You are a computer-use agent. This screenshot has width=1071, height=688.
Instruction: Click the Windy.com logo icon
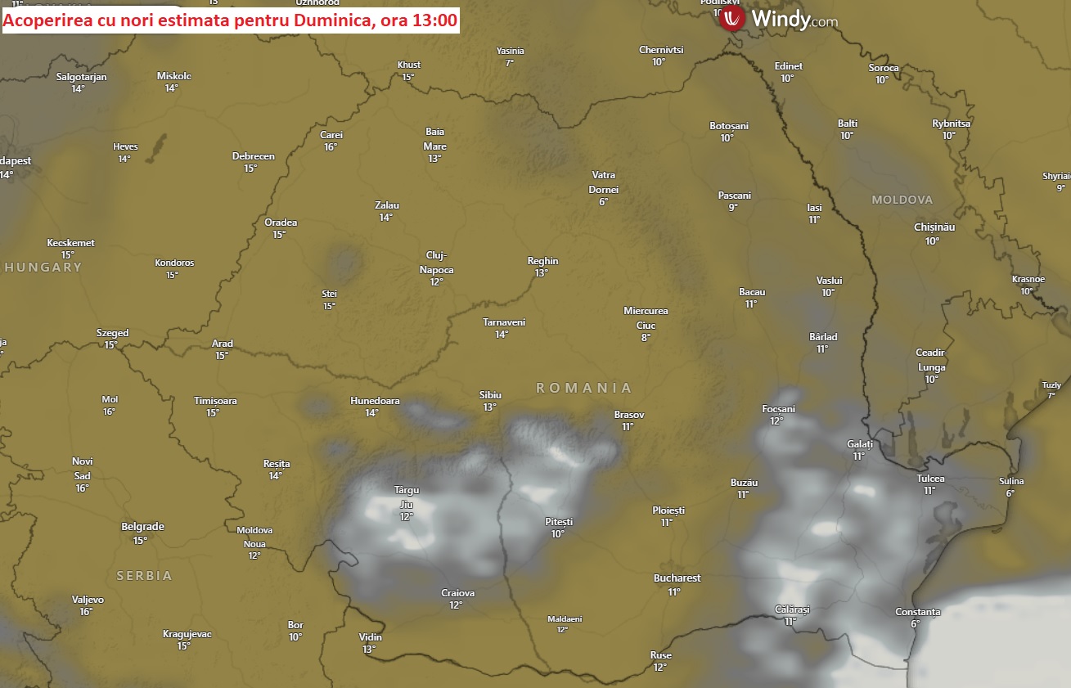(x=732, y=20)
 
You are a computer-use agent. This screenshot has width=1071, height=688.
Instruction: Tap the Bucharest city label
(x=677, y=578)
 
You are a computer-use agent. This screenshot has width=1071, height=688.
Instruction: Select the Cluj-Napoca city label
(x=436, y=263)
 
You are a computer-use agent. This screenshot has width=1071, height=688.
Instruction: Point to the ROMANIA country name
(x=584, y=388)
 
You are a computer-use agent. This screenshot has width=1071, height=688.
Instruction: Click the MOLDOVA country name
(x=902, y=200)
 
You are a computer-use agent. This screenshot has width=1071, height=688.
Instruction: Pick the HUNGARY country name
(x=43, y=268)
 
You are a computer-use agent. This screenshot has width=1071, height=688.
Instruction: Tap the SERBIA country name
(x=144, y=576)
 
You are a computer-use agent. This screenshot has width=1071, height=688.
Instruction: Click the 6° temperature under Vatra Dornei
(x=603, y=202)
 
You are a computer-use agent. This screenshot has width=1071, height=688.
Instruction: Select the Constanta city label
(x=917, y=612)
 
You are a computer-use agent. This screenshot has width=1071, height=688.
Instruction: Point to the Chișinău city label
(x=934, y=227)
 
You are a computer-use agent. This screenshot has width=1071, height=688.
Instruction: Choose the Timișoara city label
(x=215, y=401)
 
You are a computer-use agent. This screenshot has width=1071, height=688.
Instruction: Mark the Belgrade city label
(x=142, y=527)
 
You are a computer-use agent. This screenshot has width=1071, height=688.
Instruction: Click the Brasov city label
(x=629, y=415)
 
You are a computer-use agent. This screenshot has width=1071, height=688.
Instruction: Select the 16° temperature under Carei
(x=331, y=147)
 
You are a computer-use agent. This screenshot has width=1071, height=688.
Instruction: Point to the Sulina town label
(x=1011, y=481)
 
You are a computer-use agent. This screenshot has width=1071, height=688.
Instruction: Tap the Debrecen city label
(x=253, y=156)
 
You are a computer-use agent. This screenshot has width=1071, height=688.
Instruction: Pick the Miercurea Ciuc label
(x=646, y=317)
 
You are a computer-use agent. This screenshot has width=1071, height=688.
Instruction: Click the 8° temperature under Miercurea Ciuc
(x=646, y=337)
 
